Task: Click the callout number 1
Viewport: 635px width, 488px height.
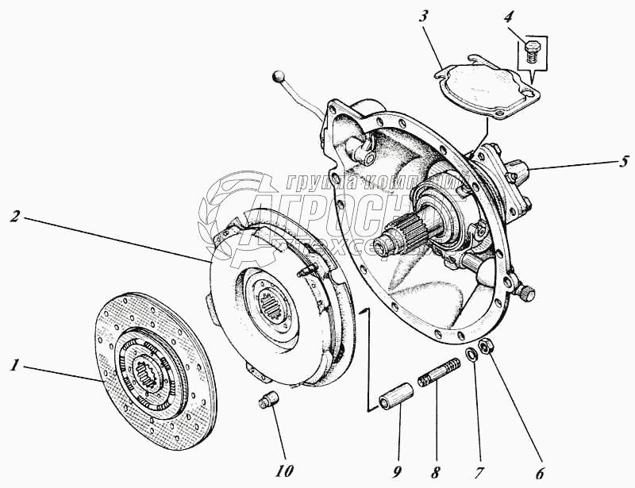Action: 13,366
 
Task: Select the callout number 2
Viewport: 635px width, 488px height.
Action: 13,216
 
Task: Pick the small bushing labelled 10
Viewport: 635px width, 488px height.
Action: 268,398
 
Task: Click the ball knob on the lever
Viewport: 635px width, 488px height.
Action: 277,77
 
